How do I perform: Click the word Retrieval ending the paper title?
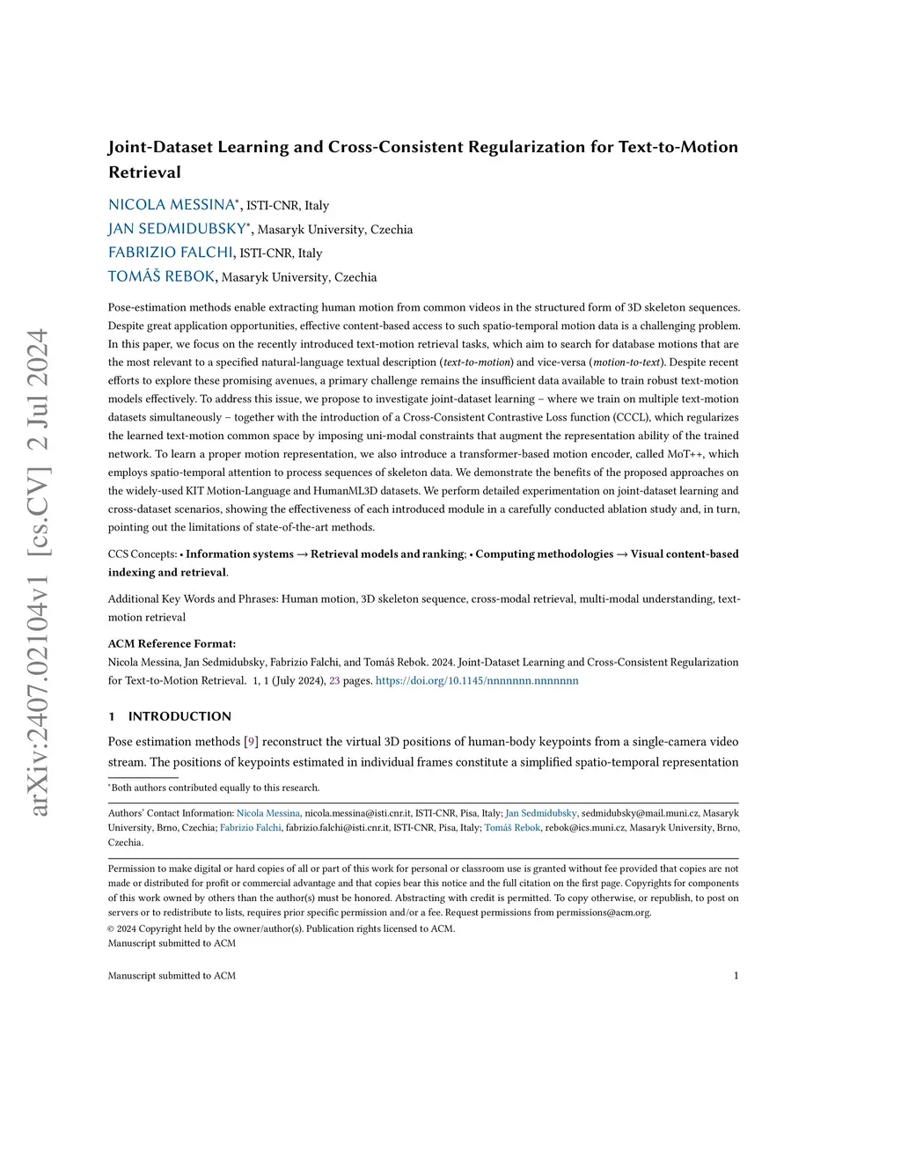coord(144,172)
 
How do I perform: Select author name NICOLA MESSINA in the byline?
coord(172,205)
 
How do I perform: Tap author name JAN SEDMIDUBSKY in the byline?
coord(177,229)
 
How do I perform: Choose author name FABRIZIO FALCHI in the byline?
coord(171,253)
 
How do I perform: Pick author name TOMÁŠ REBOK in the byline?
coord(161,276)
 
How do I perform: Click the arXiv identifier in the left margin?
coord(40,572)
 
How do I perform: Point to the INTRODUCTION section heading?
coord(179,716)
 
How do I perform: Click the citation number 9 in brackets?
coord(251,742)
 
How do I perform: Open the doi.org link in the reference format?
coord(477,680)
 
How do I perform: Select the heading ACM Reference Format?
coord(172,643)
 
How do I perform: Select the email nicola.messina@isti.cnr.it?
coord(357,813)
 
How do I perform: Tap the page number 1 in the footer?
coord(736,975)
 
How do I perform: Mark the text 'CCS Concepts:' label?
coord(143,554)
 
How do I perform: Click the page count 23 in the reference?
coord(334,680)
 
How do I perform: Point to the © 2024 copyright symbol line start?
coord(111,928)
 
